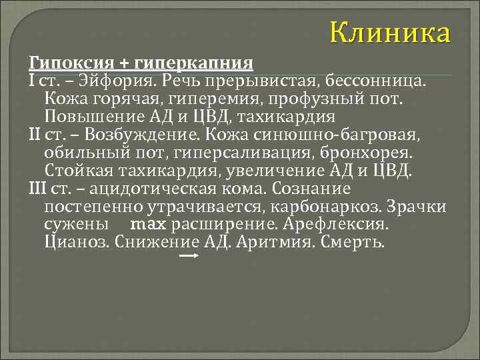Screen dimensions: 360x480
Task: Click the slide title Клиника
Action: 391,32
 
